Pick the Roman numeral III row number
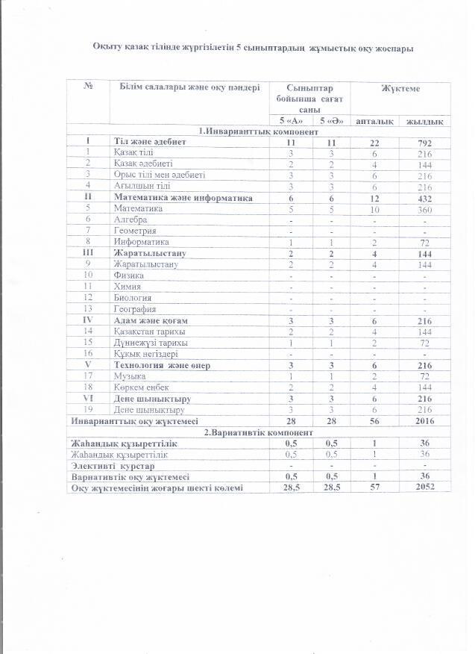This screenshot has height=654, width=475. coord(88,253)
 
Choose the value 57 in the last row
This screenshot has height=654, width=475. coord(376,487)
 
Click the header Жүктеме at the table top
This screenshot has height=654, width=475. coord(400,89)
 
